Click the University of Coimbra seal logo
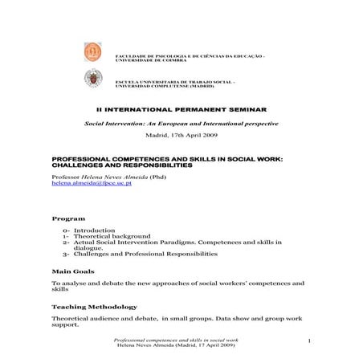(93, 52)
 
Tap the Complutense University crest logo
(93, 79)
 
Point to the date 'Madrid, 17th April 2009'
(181, 136)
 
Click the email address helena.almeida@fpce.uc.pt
(92, 183)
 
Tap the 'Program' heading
(69, 218)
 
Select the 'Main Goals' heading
(73, 271)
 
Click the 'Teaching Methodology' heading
(94, 307)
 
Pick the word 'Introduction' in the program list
(94, 230)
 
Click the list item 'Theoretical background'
(112, 237)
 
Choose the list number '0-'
(67, 230)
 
